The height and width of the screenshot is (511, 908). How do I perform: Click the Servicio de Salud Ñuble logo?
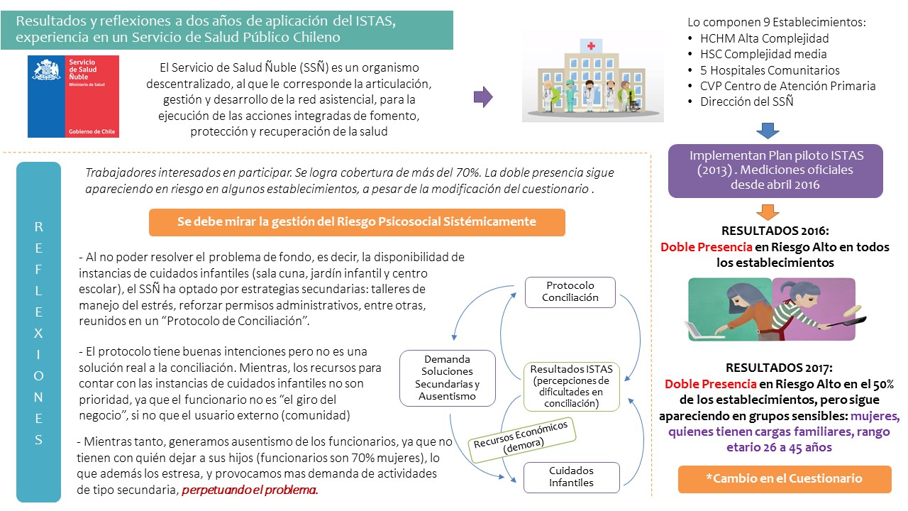coord(73,97)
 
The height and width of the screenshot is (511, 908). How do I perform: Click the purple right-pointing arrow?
coord(483,97)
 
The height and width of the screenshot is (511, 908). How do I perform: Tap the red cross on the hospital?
coord(591,46)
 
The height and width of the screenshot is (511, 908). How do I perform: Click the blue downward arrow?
coord(768,131)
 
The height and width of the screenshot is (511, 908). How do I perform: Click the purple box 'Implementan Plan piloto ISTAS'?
coord(775,171)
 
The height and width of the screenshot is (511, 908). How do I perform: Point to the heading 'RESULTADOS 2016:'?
coord(775,231)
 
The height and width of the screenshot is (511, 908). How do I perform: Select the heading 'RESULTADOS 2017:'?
coord(779,368)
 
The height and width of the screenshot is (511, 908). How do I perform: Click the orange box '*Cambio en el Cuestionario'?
coord(785,479)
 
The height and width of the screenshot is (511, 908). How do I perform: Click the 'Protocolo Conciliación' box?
coord(570,292)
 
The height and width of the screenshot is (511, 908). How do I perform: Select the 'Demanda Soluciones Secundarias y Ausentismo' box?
coord(447,378)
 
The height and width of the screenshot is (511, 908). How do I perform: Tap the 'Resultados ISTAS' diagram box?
coord(572,387)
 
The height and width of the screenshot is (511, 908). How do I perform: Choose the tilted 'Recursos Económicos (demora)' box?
coord(522,441)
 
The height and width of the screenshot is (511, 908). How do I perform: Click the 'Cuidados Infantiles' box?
coord(572,478)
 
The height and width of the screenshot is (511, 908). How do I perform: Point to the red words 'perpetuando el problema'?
coord(250,490)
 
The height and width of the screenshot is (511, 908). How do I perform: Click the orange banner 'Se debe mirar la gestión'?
coord(357,222)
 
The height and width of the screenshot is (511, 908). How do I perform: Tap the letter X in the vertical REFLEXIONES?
coord(38,334)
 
